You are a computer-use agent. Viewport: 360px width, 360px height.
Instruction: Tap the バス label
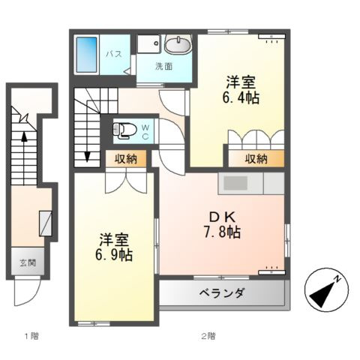tap(114, 54)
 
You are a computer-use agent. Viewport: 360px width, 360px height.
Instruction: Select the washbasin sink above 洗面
tap(176, 46)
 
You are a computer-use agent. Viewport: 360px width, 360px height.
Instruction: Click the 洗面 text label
tap(163, 66)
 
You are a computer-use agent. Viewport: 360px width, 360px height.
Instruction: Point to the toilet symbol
tap(124, 131)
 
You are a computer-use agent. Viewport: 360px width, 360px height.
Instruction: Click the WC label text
tap(145, 131)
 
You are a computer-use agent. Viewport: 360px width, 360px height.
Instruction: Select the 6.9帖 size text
tap(115, 255)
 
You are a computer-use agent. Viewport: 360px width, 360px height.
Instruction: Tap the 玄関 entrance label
tap(28, 264)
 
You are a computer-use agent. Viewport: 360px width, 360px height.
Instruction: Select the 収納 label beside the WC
tap(125, 158)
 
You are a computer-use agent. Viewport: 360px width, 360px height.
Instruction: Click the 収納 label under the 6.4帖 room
tap(256, 158)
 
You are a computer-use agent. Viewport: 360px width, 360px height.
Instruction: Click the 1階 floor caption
tap(31, 335)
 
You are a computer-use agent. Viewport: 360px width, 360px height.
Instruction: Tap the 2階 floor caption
tap(208, 335)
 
